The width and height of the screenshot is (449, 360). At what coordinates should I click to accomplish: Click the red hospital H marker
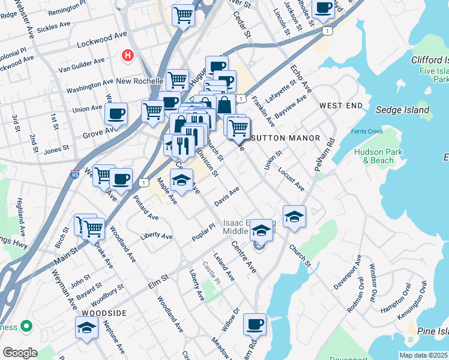pyautogui.click(x=127, y=56)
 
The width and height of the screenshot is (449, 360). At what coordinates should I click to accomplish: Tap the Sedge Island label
pyautogui.click(x=402, y=110)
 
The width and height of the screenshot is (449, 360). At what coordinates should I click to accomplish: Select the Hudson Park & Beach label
pyautogui.click(x=374, y=156)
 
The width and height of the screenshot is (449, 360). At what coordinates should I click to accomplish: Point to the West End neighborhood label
pyautogui.click(x=341, y=106)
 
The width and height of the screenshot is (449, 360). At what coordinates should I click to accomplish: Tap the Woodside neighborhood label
pyautogui.click(x=104, y=313)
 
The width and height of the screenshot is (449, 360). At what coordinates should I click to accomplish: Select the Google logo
pyautogui.click(x=20, y=352)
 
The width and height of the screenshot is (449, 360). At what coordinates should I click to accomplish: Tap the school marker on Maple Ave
pyautogui.click(x=181, y=179)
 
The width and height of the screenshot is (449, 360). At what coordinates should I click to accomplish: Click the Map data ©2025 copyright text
pyautogui.click(x=423, y=355)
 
